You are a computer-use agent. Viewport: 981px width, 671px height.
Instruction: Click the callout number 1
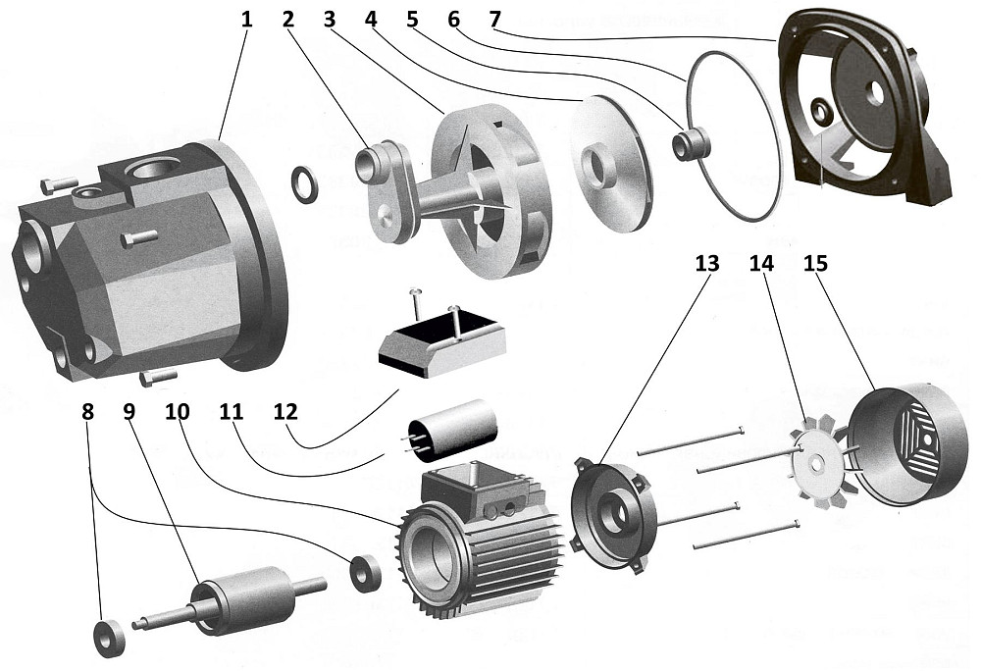pyautogui.click(x=247, y=19)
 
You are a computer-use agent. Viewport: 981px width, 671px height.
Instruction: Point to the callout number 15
pyautogui.click(x=816, y=263)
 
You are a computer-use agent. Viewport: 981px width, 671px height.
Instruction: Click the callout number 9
pyautogui.click(x=130, y=411)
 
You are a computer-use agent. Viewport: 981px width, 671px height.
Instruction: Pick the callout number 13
pyautogui.click(x=706, y=263)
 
